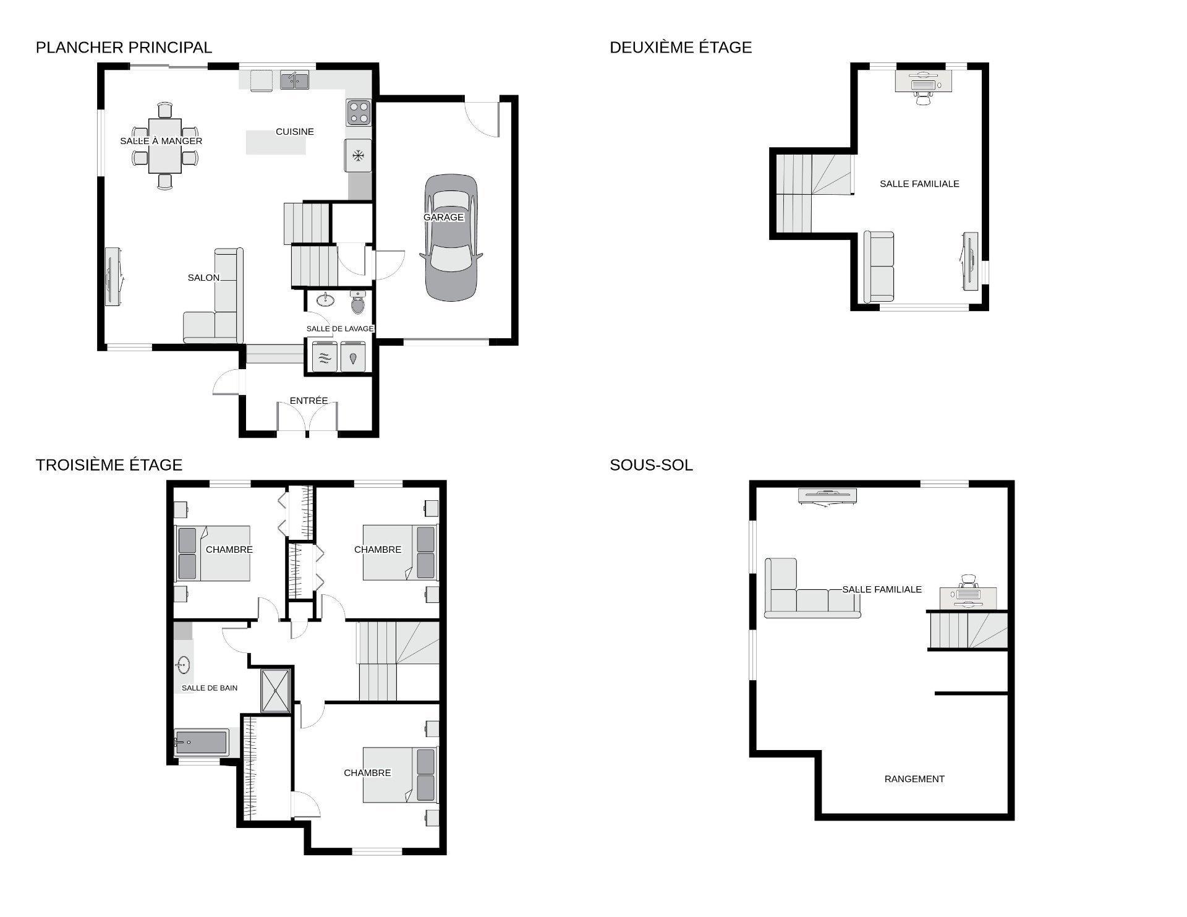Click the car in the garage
[x=451, y=238]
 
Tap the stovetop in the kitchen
[x=359, y=113]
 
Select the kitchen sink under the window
[x=295, y=80]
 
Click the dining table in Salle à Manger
[x=165, y=145]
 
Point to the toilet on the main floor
[x=358, y=302]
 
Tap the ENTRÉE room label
[x=308, y=401]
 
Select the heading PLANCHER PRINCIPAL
[x=124, y=48]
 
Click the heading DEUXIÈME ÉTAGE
[x=681, y=48]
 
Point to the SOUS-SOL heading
[x=651, y=465]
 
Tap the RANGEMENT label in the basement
[x=914, y=779]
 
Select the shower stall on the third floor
[x=276, y=691]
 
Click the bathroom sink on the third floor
[x=182, y=666]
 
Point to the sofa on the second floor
[x=879, y=267]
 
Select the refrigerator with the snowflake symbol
[x=358, y=155]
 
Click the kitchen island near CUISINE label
[x=276, y=142]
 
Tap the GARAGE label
[x=443, y=218]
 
